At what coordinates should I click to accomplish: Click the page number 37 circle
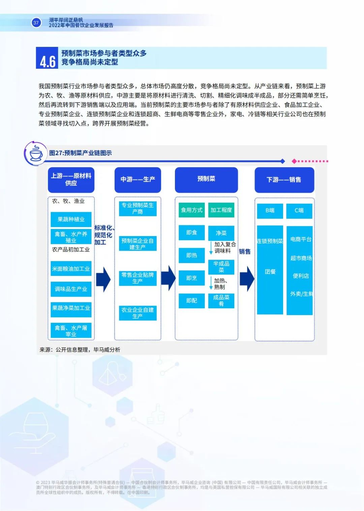(x=36, y=23)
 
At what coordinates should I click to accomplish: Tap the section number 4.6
(x=48, y=61)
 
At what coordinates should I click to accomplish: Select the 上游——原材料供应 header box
(x=71, y=179)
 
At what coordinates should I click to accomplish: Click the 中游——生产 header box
(x=138, y=179)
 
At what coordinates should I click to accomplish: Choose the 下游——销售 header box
(x=284, y=180)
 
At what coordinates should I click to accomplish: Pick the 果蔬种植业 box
(x=71, y=219)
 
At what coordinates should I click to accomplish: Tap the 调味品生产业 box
(x=71, y=289)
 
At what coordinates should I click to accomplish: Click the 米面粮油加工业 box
(x=71, y=269)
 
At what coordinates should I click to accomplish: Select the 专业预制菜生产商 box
(x=138, y=208)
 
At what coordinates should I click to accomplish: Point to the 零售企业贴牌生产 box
(x=138, y=278)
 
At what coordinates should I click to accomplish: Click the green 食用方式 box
(x=191, y=210)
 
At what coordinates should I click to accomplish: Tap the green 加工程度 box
(x=221, y=210)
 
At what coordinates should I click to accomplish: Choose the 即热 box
(x=191, y=255)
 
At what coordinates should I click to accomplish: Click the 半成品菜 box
(x=221, y=266)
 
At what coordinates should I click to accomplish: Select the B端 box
(x=270, y=210)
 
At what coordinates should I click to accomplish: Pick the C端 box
(x=299, y=210)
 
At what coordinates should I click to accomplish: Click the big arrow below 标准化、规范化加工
(x=103, y=279)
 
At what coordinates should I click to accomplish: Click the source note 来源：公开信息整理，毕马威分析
(x=80, y=350)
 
